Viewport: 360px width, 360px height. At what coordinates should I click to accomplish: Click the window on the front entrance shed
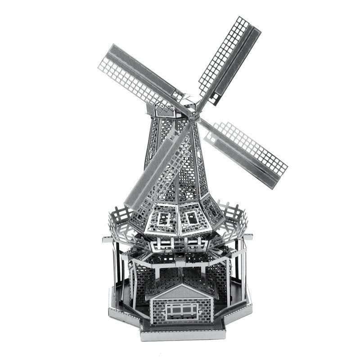click(181, 310)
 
